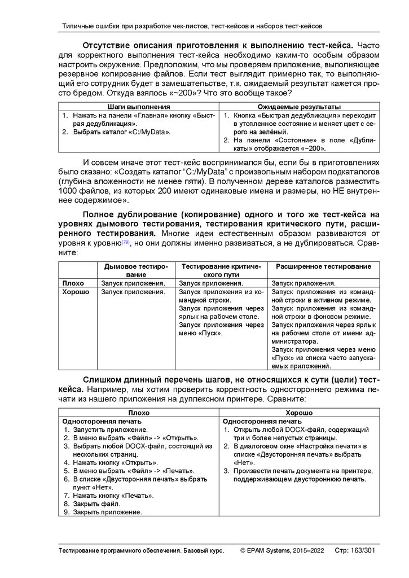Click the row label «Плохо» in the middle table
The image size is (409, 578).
[73, 283]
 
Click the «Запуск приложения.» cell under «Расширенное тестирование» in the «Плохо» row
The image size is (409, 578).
[304, 283]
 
